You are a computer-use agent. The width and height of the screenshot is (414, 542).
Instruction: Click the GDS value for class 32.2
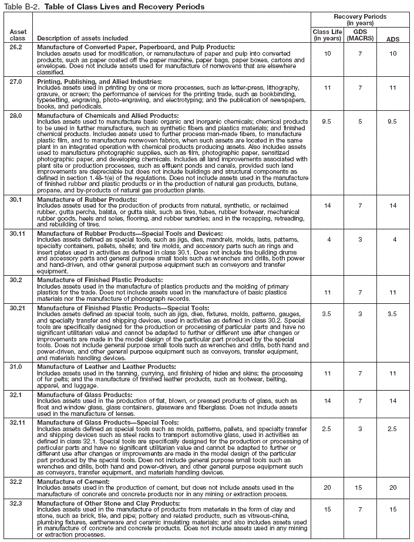[356, 487]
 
